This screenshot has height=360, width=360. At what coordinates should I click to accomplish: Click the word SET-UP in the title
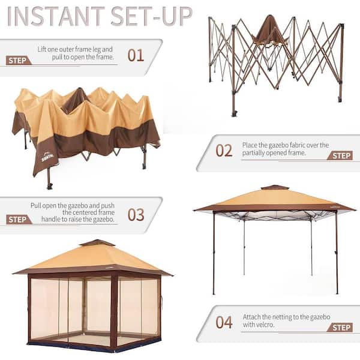(152, 17)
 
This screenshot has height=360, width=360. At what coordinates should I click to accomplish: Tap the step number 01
(136, 55)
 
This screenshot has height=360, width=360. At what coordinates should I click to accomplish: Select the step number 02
(224, 151)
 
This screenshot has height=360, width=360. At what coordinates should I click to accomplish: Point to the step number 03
(136, 215)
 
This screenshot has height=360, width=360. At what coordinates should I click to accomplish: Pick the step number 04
(224, 322)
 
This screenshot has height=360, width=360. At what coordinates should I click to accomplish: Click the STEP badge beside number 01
(19, 61)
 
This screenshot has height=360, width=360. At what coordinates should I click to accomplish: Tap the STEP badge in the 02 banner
(340, 155)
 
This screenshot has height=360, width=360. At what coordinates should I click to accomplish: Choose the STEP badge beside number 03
(19, 220)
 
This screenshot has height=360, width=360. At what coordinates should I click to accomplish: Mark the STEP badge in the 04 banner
(340, 328)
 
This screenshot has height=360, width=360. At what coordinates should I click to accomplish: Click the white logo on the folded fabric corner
(47, 157)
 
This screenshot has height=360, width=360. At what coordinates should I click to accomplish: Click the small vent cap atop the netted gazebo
(97, 243)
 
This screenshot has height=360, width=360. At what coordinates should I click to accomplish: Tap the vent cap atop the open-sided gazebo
(275, 187)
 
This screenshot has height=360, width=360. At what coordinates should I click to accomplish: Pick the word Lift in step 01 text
(43, 49)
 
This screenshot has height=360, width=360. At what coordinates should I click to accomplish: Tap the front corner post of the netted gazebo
(113, 311)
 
